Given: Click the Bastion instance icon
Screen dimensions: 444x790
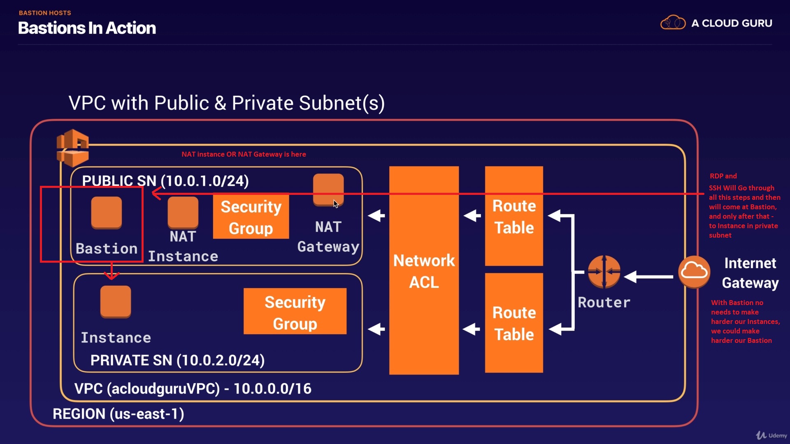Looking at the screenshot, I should (107, 212).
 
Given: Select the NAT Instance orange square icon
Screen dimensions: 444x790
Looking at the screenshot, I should (183, 212).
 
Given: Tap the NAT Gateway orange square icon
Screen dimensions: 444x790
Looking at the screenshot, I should (328, 190).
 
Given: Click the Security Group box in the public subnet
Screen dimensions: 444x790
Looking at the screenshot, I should (251, 217).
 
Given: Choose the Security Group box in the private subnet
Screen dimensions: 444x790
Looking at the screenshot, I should (295, 312).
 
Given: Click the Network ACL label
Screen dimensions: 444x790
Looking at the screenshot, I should (424, 271).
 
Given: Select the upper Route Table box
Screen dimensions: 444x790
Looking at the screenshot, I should (514, 216).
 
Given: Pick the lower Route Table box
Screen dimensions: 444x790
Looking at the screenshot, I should (514, 323).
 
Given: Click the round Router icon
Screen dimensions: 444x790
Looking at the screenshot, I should (604, 271).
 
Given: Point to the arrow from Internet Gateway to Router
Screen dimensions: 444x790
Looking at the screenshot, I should (649, 277).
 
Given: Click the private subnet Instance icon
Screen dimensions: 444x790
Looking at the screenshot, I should (116, 301).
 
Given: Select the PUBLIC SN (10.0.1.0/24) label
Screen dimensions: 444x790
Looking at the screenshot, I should (165, 181).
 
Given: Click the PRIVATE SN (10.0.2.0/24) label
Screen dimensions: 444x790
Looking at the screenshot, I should (177, 361).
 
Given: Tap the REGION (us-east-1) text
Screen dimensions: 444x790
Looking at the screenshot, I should (118, 414).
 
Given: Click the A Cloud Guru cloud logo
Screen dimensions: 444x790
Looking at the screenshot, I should (673, 23).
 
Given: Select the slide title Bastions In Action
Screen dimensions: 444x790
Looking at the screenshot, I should (87, 28).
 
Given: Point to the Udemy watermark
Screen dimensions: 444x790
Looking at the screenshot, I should (772, 435).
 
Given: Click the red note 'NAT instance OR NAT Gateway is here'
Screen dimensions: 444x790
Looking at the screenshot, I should (244, 155).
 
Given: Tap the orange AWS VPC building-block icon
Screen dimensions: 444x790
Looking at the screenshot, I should (73, 148).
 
